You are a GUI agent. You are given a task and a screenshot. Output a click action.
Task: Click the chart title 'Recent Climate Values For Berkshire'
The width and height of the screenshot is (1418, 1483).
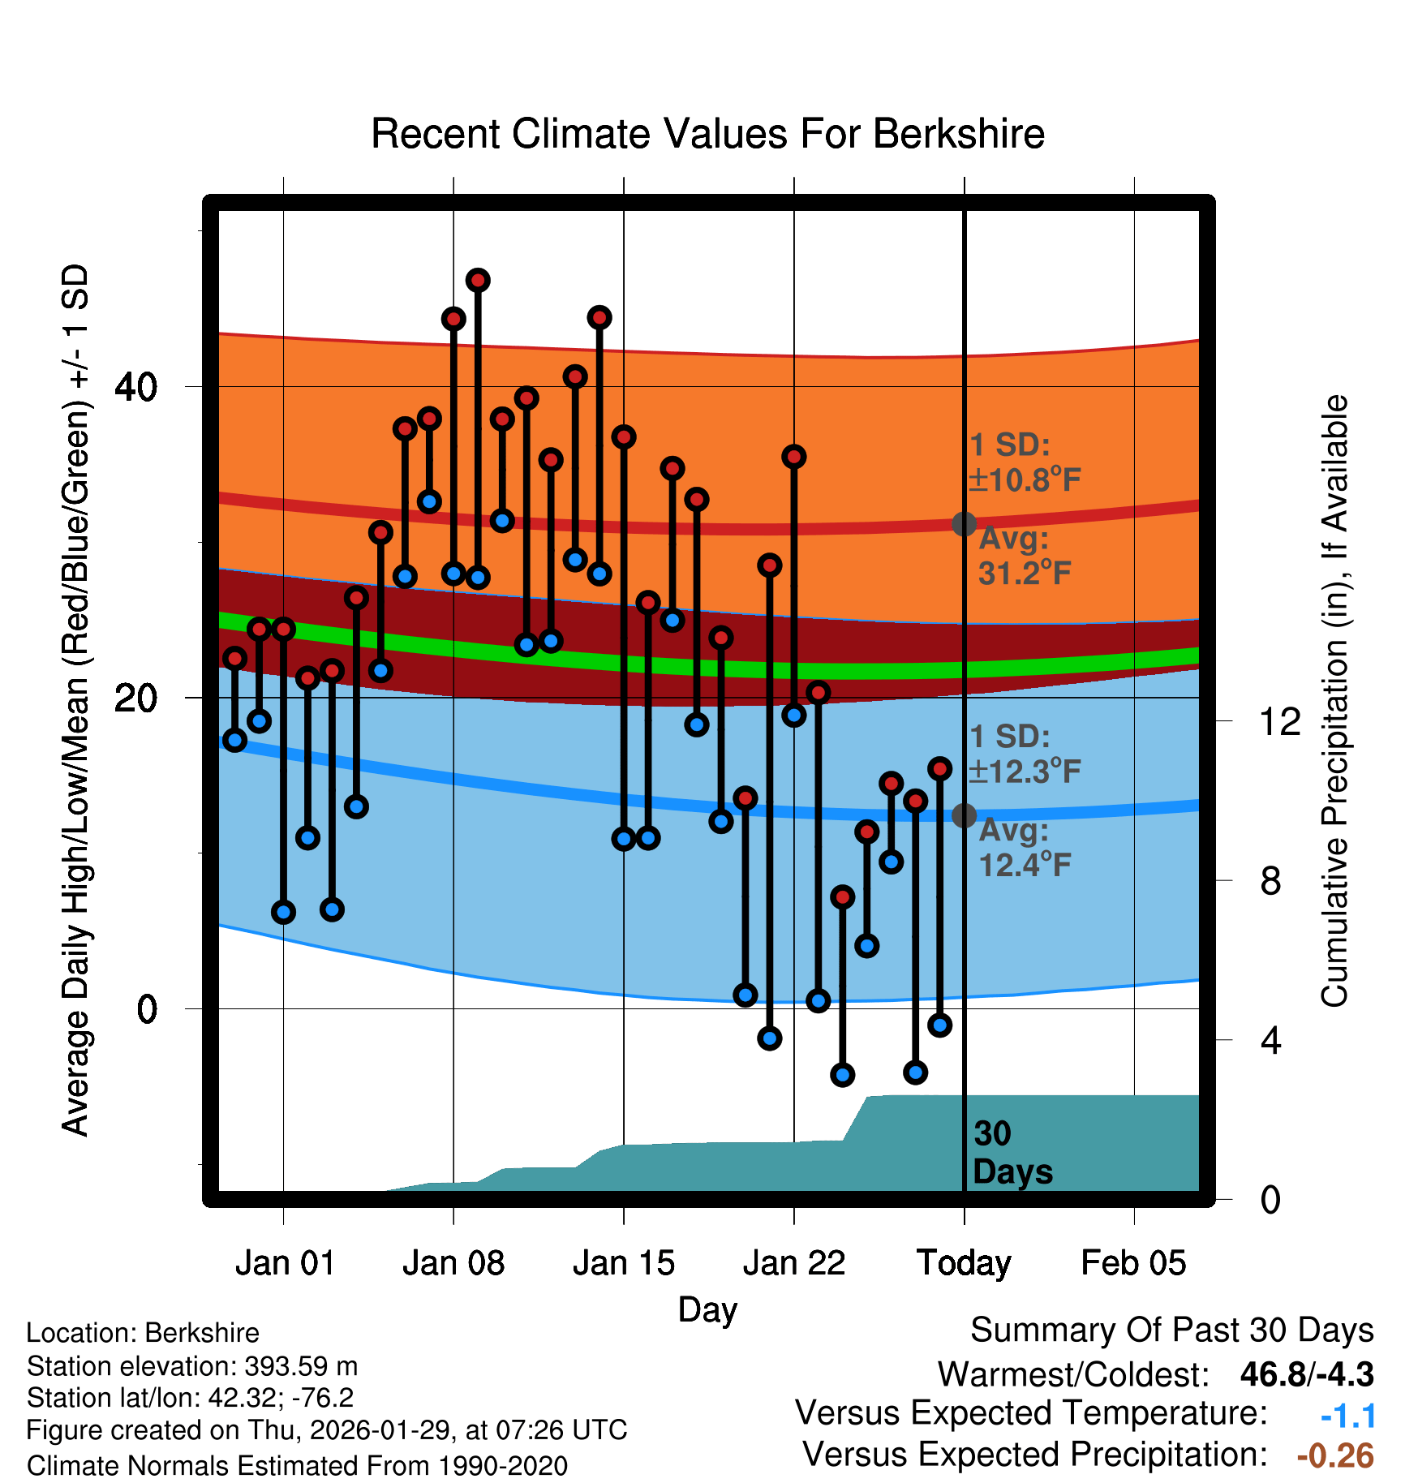point(707,134)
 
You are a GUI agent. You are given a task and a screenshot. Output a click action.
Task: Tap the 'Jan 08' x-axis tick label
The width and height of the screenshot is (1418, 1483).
point(453,1263)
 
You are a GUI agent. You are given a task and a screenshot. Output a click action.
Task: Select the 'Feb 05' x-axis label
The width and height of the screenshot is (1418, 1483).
point(1133,1263)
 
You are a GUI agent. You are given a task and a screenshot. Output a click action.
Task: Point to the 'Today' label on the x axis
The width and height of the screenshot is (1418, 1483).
point(964,1263)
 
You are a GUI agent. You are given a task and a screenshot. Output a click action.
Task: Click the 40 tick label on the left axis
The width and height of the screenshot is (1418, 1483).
point(135,387)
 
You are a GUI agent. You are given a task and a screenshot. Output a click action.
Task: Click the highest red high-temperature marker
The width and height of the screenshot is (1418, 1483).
point(478,281)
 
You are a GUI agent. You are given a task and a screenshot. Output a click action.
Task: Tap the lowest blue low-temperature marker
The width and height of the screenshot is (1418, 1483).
point(843,1075)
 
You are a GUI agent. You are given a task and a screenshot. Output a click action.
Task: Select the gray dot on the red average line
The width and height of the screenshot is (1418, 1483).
point(964,524)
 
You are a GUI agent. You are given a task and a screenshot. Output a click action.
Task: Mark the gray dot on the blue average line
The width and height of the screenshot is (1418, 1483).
point(964,815)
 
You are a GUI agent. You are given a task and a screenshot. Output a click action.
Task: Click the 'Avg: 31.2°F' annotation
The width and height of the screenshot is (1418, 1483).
point(1025,557)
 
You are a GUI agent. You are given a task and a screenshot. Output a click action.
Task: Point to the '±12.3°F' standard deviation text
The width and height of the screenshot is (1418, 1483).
point(1025,772)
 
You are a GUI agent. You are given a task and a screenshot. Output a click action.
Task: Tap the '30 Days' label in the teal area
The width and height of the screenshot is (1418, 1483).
point(1012,1153)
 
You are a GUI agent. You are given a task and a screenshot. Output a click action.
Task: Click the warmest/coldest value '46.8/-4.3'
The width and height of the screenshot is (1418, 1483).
point(1306,1374)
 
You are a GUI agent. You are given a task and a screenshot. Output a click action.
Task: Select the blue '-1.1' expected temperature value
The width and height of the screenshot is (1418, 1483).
point(1347,1416)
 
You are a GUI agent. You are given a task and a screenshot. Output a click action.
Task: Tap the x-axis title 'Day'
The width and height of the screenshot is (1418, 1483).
point(707,1309)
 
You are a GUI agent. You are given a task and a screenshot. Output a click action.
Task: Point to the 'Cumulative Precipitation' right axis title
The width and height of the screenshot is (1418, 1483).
point(1334,702)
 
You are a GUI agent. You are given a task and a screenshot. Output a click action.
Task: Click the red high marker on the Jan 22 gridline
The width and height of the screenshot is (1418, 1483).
point(794,457)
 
